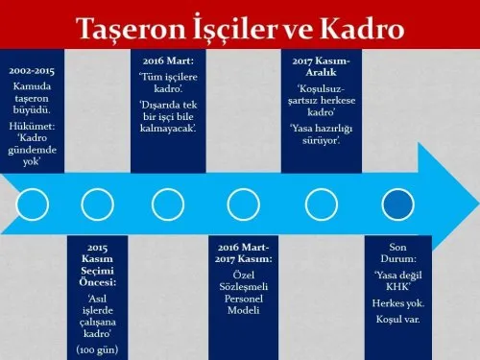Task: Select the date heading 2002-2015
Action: [x=32, y=72]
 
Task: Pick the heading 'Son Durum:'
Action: [x=396, y=252]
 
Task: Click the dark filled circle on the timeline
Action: [x=396, y=204]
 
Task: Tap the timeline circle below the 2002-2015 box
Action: [x=34, y=204]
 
